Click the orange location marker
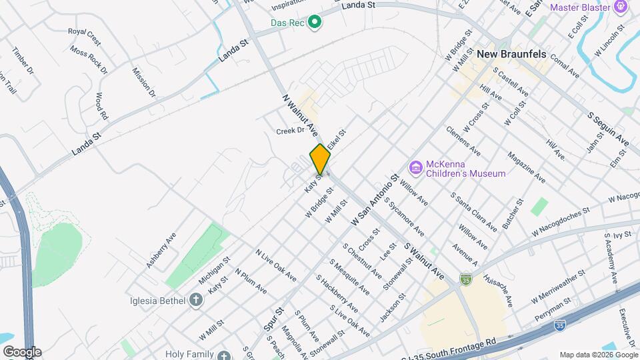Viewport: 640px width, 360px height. (x=320, y=159)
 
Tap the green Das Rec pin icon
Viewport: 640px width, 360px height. (x=315, y=23)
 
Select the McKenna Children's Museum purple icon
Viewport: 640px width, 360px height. (x=416, y=167)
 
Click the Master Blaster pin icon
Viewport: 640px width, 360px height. (x=621, y=7)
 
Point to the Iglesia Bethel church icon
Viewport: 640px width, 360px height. (x=196, y=300)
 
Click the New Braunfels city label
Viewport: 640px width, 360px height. (x=512, y=53)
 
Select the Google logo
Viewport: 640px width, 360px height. (x=22, y=351)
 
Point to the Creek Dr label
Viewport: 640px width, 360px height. (x=290, y=131)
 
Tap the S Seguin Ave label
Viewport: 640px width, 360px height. (x=608, y=129)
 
